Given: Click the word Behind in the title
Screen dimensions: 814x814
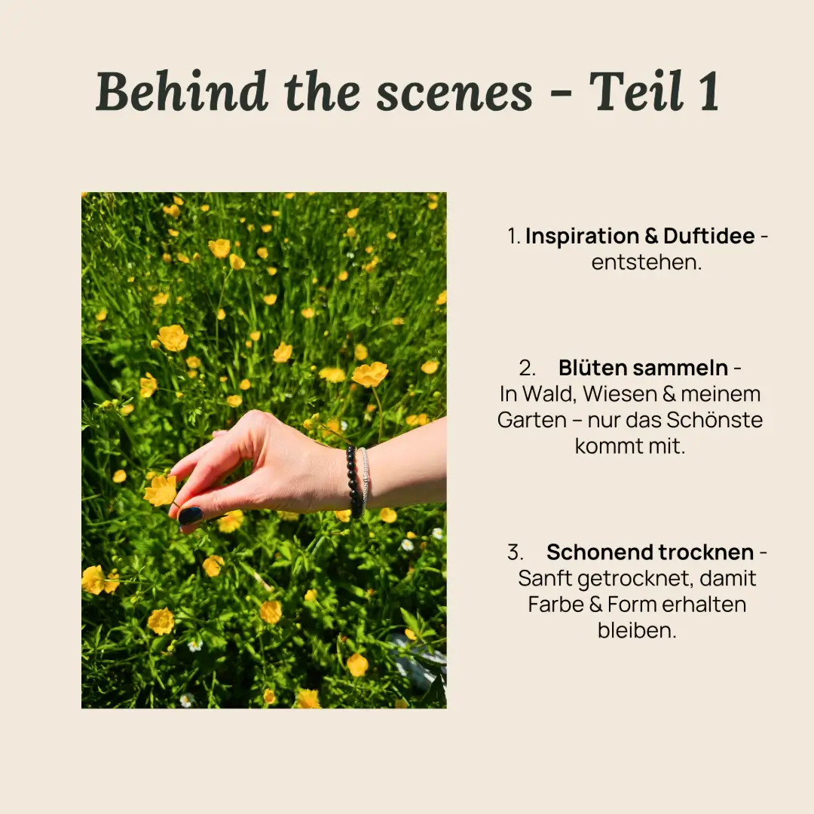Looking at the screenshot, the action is tap(182, 91).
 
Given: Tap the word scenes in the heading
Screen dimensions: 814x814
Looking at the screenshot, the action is tap(454, 93).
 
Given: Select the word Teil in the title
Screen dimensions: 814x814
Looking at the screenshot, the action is tap(636, 91).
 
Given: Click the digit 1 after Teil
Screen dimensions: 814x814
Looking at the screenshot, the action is tap(709, 92).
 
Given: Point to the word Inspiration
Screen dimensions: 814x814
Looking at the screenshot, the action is tap(582, 236).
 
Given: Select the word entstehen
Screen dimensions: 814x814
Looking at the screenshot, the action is tap(647, 262).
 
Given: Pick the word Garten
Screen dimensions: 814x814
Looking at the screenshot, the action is tap(532, 420).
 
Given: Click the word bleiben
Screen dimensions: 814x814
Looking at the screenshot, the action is tap(637, 631).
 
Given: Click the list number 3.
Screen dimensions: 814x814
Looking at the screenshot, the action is tap(515, 552).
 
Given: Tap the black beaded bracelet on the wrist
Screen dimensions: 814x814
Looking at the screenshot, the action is tap(354, 481).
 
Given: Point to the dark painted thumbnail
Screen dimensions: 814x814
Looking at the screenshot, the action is tap(190, 516).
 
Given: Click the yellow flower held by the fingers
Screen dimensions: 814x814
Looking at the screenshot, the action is tap(160, 491).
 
